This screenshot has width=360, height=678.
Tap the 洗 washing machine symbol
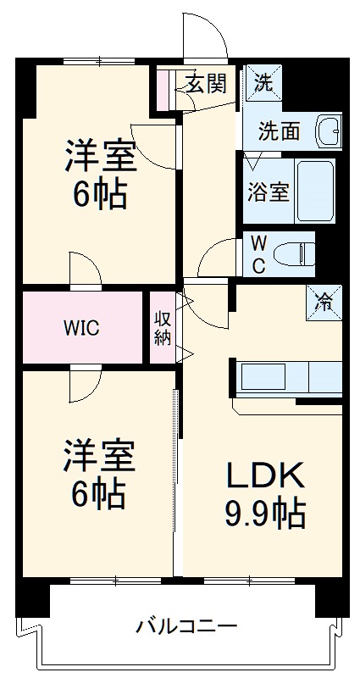tap(263, 82)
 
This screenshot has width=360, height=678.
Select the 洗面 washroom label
tap(279, 131)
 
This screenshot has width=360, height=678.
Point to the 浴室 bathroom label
tap(268, 192)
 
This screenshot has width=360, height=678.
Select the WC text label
tap(259, 253)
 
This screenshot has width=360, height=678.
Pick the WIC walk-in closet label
tap(82, 329)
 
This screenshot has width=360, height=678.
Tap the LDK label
tap(263, 477)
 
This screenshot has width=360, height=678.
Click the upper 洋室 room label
tap(99, 158)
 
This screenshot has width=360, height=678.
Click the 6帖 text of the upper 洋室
tap(99, 195)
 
